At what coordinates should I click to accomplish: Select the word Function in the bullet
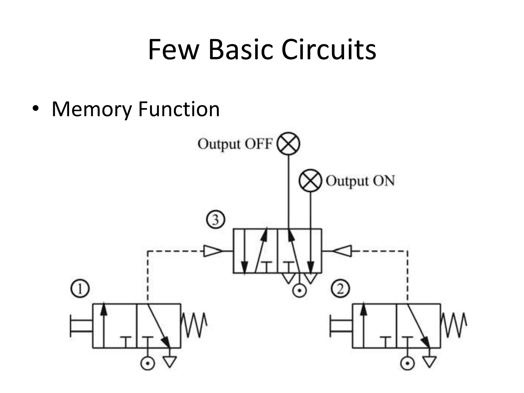tap(179, 109)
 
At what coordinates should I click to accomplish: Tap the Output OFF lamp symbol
tap(289, 144)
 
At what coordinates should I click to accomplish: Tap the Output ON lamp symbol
tap(310, 180)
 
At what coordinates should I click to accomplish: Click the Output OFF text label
tap(235, 144)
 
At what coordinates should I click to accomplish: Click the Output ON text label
tap(360, 181)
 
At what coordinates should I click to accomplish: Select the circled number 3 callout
tap(215, 220)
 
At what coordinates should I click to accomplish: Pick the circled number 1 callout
tap(80, 289)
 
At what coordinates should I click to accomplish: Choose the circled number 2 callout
tap(340, 289)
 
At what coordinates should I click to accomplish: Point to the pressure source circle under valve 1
tap(148, 363)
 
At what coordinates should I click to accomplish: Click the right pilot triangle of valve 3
tap(343, 251)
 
